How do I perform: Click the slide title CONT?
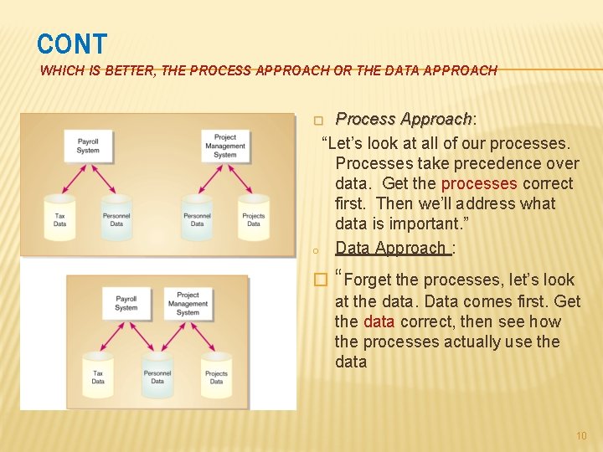72,44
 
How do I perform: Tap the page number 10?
582,436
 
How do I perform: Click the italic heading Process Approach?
404,120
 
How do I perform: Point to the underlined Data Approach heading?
390,248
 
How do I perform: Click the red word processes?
478,183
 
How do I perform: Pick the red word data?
379,321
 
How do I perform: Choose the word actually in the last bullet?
457,342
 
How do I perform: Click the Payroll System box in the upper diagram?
88,146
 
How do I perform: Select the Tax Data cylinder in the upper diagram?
59,218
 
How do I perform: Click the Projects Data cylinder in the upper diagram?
253,218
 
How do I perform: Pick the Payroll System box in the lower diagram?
126,303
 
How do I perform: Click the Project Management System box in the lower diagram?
188,303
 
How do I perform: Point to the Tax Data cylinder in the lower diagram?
98,375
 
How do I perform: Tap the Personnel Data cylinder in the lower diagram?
157,375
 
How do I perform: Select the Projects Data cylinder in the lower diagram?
216,375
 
